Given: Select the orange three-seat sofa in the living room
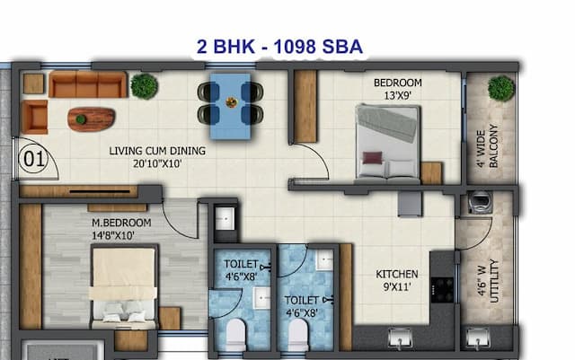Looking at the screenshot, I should (x=87, y=84).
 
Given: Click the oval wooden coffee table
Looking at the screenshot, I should (x=91, y=118).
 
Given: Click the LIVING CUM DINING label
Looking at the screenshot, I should (x=157, y=151).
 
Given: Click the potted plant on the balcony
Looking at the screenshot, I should (x=501, y=88).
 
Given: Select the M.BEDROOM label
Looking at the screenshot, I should (x=121, y=223).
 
